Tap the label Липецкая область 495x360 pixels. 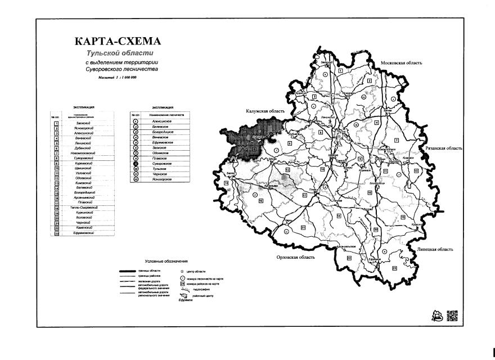[x=434, y=249]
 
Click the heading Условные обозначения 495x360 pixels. [x=166, y=262]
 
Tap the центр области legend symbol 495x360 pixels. [x=182, y=272]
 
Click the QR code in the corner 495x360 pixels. [x=452, y=316]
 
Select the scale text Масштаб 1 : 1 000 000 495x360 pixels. [x=117, y=77]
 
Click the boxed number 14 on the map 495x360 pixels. [x=226, y=183]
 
